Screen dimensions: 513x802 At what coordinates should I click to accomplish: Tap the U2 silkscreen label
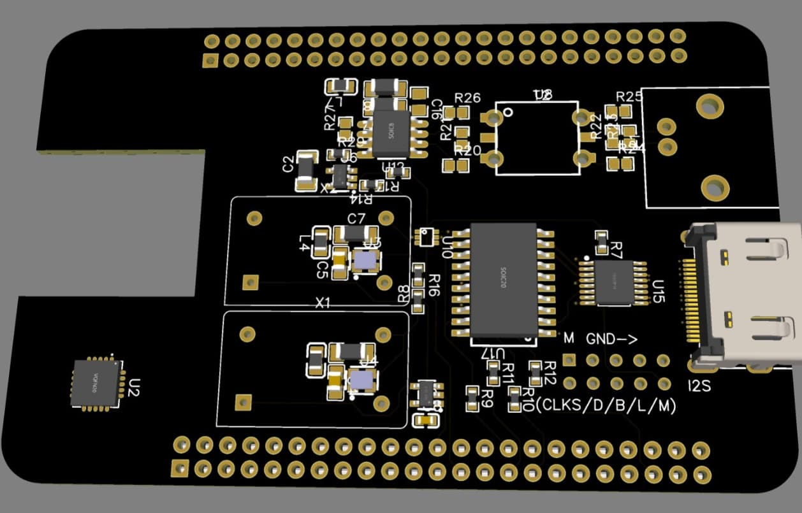(135, 386)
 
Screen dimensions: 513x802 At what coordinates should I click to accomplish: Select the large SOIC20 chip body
(504, 280)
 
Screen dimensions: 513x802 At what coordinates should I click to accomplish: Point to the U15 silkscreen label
(659, 290)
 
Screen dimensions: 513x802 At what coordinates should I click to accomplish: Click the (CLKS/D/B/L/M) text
(606, 405)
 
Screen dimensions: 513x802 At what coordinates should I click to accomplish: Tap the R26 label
(467, 98)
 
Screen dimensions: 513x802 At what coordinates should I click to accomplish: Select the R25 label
(629, 96)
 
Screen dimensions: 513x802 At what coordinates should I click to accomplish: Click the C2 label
(288, 164)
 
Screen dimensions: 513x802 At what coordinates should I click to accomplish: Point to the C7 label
(356, 219)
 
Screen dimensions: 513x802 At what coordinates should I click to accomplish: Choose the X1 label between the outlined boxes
(323, 303)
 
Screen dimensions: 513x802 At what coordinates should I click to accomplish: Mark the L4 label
(305, 243)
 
